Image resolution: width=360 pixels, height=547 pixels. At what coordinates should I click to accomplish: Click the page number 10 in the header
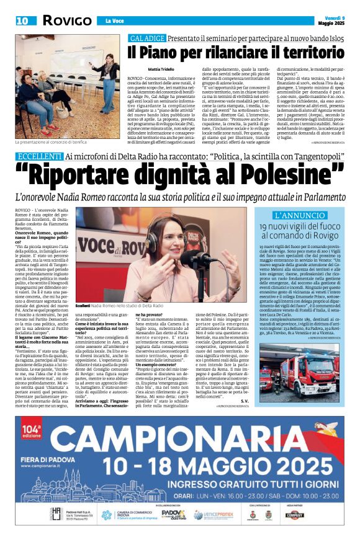tap(22, 20)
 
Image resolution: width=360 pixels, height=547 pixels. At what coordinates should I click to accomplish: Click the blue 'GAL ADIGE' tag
tap(146, 38)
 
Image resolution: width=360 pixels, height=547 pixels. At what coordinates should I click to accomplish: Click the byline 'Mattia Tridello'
tap(160, 69)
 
